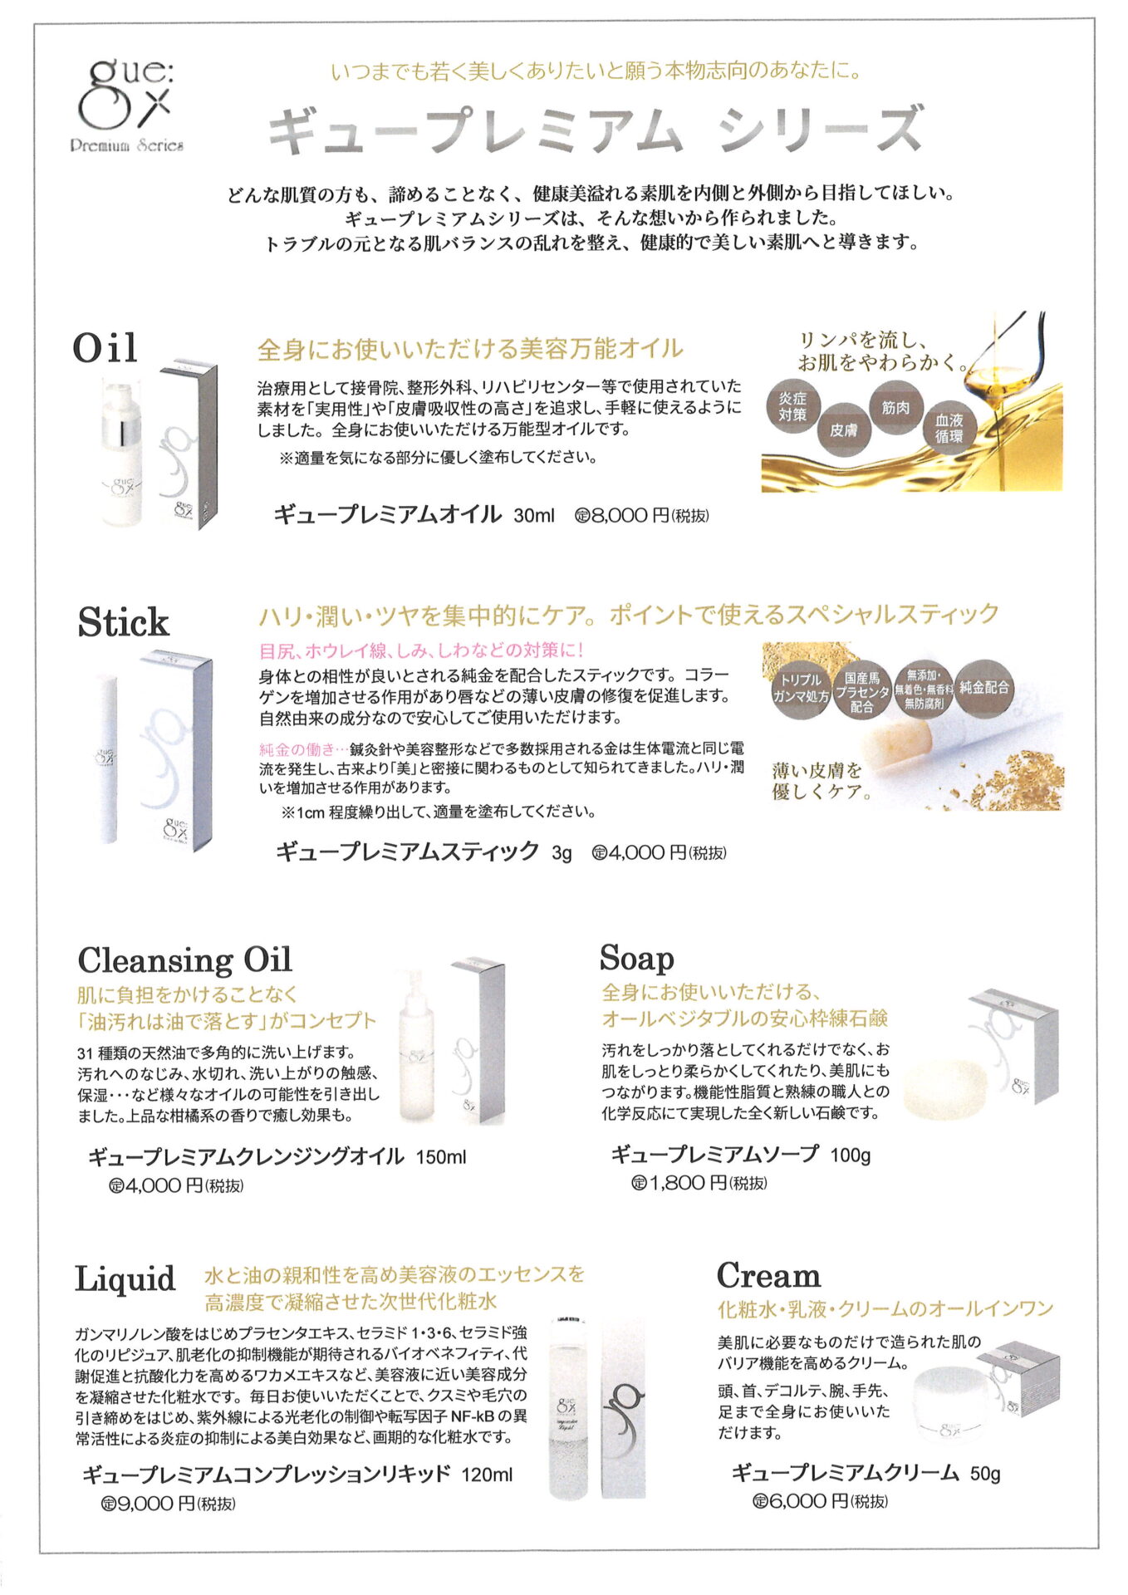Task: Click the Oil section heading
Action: click(105, 348)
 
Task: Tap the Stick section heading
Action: click(123, 622)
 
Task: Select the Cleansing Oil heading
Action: click(184, 960)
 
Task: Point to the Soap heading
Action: click(636, 959)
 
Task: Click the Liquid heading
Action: click(125, 1279)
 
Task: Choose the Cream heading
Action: click(768, 1275)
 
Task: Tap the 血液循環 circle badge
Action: click(949, 428)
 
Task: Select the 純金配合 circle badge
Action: click(983, 688)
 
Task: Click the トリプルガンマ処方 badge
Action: click(801, 689)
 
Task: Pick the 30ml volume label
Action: click(534, 516)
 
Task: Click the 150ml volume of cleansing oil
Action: click(441, 1156)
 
